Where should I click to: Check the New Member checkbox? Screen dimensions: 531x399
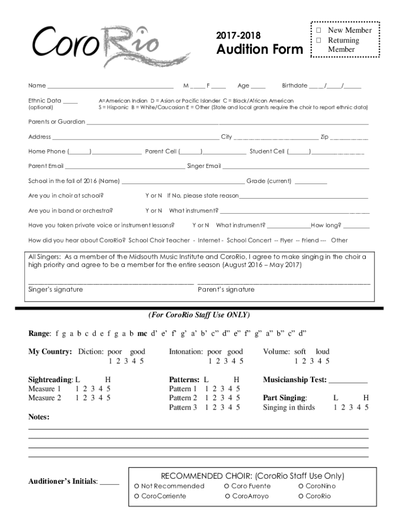[x=319, y=31]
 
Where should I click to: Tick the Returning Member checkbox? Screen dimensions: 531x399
[x=319, y=40]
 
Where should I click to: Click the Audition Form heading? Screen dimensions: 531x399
[x=260, y=50]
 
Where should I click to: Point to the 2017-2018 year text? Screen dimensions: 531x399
[x=238, y=36]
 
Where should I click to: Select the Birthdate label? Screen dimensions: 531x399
[x=294, y=86]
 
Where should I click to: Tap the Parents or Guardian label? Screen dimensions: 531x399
[x=56, y=122]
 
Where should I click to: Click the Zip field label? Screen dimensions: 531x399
[x=324, y=137]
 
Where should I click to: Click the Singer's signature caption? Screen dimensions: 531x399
[x=55, y=289]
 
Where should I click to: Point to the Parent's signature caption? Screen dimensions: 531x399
[x=226, y=289]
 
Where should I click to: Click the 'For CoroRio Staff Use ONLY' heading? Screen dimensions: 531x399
[x=199, y=315]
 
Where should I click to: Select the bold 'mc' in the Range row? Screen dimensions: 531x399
[x=142, y=333]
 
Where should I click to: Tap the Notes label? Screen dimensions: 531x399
[x=39, y=417]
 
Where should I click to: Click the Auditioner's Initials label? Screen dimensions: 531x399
[x=63, y=481]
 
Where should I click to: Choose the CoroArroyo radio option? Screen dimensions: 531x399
[x=228, y=497]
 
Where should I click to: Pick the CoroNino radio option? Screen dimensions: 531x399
[x=301, y=486]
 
